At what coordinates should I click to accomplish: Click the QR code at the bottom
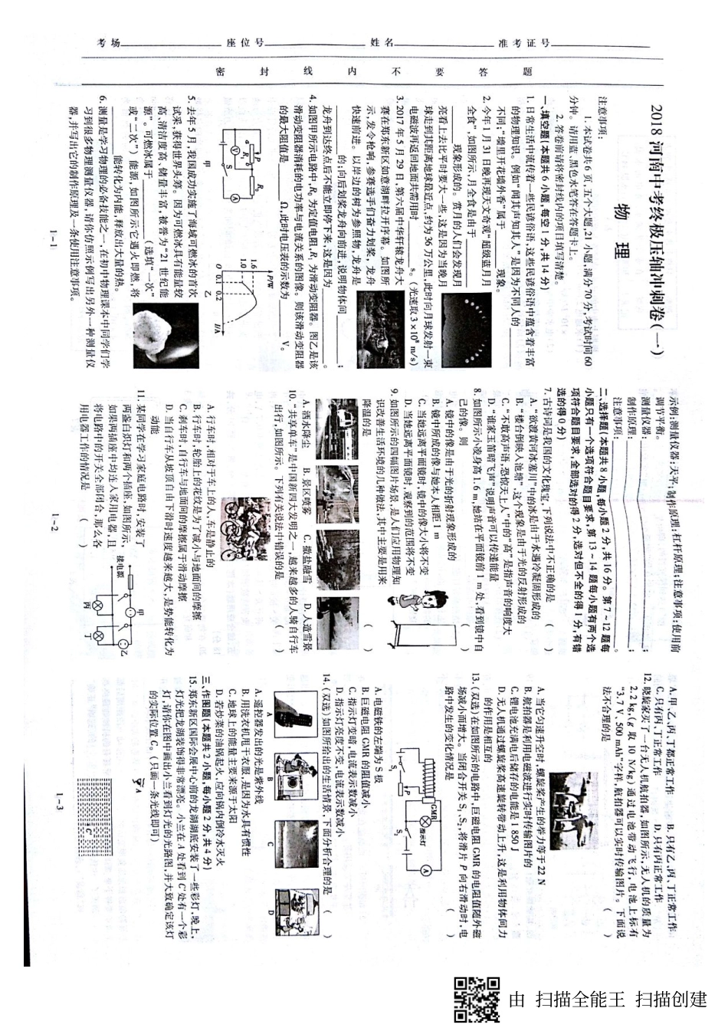[x=476, y=999]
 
